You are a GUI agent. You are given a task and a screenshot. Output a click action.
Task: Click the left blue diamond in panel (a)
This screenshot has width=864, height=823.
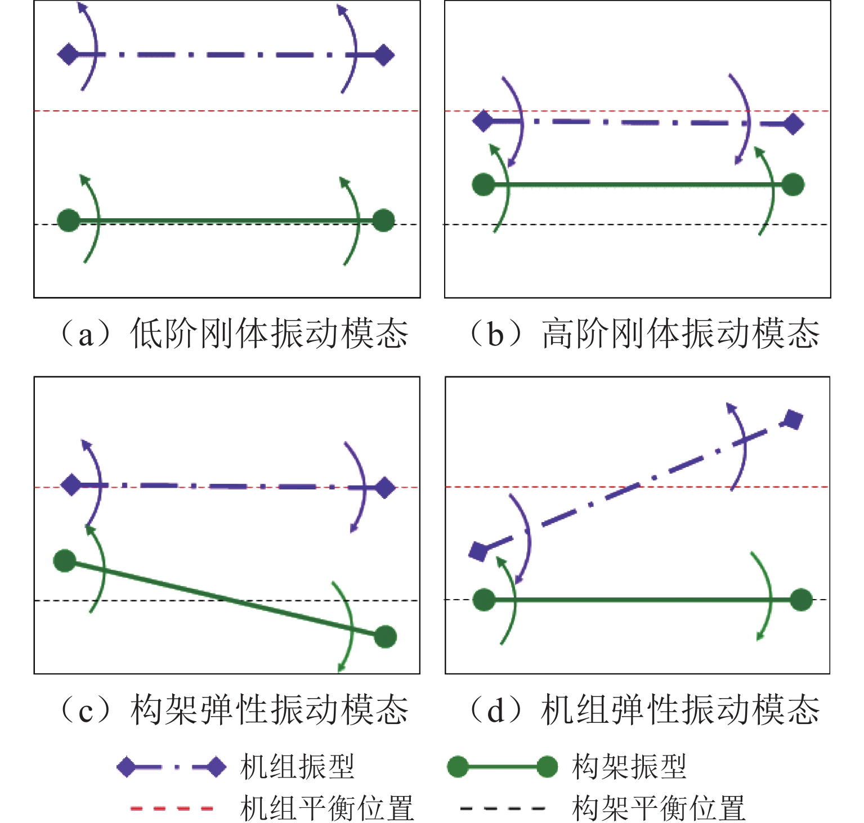[x=69, y=55]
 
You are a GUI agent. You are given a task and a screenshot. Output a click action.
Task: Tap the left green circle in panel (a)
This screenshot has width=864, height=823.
[x=69, y=220]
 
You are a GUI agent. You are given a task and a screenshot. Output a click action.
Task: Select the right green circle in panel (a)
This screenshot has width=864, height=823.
[x=383, y=220]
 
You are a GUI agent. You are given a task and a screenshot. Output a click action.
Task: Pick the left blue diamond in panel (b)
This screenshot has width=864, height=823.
[x=483, y=121]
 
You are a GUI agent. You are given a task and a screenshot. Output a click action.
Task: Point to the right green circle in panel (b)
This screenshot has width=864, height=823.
[x=793, y=185]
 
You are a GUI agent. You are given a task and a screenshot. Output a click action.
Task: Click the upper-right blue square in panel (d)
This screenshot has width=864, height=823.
[x=793, y=420]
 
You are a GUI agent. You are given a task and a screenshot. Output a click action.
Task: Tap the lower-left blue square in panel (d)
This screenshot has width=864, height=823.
[x=478, y=551]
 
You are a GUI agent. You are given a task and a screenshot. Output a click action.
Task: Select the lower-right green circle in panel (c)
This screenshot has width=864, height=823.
[x=385, y=636]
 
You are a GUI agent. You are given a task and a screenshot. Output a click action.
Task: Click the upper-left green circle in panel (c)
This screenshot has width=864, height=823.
[x=65, y=560]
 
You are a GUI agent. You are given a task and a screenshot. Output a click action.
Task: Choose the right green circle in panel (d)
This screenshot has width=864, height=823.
[x=800, y=600]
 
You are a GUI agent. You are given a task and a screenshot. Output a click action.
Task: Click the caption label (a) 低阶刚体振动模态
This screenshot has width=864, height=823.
[x=234, y=334]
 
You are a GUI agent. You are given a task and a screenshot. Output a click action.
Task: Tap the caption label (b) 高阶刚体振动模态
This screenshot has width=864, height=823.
[x=644, y=334]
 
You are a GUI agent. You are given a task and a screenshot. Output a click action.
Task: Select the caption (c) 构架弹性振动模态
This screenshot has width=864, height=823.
[x=234, y=709]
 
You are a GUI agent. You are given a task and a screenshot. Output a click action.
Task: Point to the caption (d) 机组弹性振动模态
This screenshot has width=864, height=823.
[x=644, y=709]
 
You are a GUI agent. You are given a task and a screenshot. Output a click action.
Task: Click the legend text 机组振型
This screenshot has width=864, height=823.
[x=297, y=766]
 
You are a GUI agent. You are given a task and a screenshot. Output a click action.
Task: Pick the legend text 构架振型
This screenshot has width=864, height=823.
[x=629, y=766]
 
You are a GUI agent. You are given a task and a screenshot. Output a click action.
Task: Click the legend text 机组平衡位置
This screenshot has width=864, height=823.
[x=326, y=808]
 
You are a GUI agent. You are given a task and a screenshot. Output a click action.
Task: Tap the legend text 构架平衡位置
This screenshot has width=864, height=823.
[x=659, y=808]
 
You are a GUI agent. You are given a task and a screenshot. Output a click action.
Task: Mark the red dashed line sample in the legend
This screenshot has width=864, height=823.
[x=172, y=808]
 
